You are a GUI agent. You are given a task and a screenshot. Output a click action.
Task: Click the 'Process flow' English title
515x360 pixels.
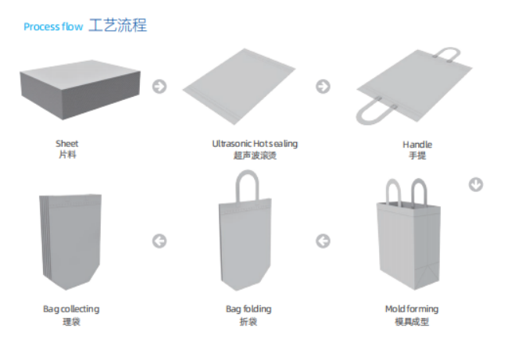[x=53, y=27]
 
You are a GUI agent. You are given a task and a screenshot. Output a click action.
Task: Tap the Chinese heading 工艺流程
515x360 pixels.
[x=117, y=25]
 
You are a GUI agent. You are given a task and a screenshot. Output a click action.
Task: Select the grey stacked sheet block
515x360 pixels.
[x=80, y=89]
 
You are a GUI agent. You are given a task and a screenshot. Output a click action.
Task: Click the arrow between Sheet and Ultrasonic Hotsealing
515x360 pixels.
[x=159, y=87]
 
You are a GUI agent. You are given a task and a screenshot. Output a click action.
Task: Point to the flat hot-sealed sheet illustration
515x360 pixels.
[x=239, y=87]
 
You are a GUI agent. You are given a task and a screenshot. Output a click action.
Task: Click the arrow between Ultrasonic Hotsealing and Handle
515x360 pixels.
[x=324, y=87]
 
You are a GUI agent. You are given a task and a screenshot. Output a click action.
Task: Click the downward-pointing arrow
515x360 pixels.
[x=476, y=184]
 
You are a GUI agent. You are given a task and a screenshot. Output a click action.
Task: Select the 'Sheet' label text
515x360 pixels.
[x=67, y=144]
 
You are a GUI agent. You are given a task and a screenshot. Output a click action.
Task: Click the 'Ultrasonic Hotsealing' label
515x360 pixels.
[x=255, y=144]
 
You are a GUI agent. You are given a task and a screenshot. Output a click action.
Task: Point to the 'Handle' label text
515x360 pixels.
[x=417, y=144]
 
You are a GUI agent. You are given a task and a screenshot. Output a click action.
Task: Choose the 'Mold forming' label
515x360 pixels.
[x=412, y=309]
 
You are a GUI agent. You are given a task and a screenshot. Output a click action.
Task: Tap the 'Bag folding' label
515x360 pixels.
[x=249, y=309]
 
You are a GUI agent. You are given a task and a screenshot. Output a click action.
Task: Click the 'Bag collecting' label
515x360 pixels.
[x=71, y=309]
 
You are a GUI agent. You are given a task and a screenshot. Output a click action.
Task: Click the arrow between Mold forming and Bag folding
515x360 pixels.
[x=324, y=241]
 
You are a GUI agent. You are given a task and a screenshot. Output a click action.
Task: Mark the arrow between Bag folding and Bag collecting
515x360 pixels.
[x=159, y=241]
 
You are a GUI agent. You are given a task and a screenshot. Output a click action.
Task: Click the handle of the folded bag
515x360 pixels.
[x=238, y=184]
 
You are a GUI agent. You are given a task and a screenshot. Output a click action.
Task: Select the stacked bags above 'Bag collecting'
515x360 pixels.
[x=70, y=242]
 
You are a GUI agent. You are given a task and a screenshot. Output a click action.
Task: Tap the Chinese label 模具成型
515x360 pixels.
[x=412, y=322]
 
